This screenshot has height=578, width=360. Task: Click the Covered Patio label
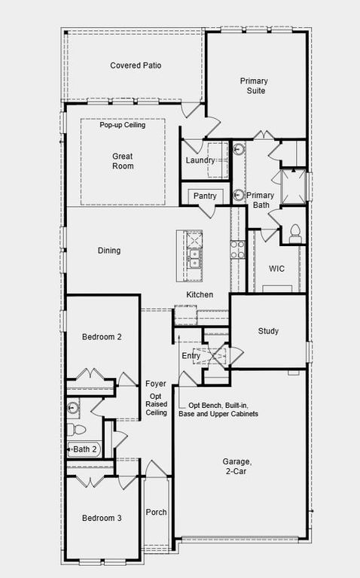click(x=136, y=65)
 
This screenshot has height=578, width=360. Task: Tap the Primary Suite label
click(x=253, y=86)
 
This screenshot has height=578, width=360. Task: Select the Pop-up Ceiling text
click(x=122, y=125)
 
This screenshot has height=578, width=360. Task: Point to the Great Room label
click(x=122, y=161)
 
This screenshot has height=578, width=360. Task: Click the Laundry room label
click(x=200, y=160)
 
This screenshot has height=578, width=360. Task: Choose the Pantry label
click(x=205, y=196)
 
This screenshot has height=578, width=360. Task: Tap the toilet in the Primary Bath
click(x=294, y=231)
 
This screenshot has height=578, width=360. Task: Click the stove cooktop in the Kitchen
click(x=237, y=249)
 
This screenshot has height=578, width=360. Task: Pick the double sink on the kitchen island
click(x=194, y=258)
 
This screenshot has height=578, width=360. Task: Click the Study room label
click(x=268, y=331)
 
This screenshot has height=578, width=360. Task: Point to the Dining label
click(x=108, y=251)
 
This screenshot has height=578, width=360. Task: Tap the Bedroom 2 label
click(x=101, y=337)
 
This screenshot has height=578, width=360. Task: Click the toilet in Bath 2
click(x=76, y=430)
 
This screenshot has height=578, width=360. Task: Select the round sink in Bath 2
click(x=73, y=408)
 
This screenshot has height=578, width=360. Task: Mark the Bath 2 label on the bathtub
click(x=84, y=449)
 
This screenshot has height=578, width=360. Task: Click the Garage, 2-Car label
click(x=238, y=467)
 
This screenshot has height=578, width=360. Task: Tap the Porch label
click(x=156, y=513)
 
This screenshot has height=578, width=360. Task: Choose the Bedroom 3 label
click(x=101, y=518)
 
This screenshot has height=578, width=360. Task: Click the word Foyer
click(x=156, y=384)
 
